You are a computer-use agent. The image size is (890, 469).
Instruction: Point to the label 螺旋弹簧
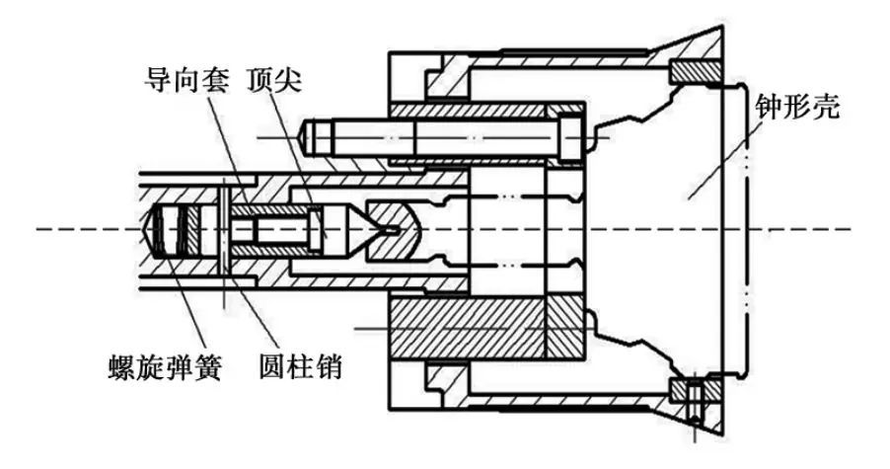pos(167,368)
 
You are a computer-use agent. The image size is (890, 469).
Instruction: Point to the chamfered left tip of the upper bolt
pos(310,134)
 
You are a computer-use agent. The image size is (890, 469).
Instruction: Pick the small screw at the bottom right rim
pos(696,400)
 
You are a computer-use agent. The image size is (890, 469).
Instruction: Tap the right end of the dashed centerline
pos(849,231)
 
